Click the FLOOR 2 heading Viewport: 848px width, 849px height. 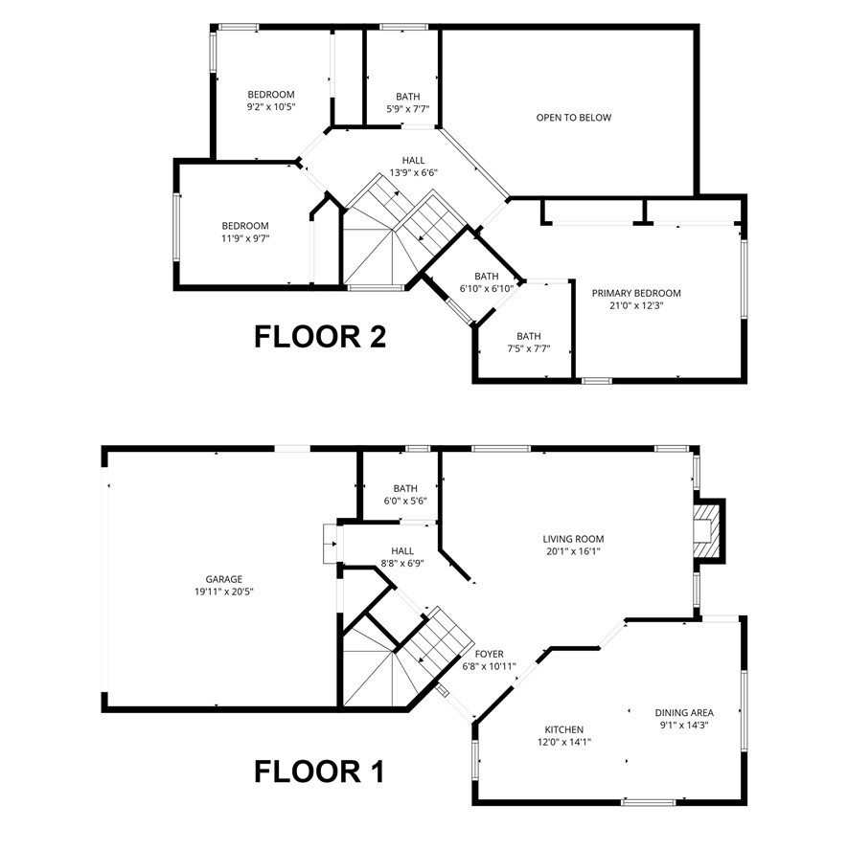[320, 336]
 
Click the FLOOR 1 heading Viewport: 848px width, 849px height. [319, 771]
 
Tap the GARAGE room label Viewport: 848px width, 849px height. [224, 579]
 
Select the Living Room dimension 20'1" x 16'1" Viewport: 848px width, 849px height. [573, 551]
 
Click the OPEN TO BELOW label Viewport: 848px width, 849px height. [574, 118]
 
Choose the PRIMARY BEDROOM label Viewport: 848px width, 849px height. [636, 293]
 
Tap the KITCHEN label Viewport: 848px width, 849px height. [563, 729]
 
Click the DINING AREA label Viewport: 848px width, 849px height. [684, 712]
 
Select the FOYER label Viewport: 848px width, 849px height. [489, 654]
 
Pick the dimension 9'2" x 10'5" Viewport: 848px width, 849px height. [271, 106]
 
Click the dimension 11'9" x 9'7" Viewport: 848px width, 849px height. [245, 238]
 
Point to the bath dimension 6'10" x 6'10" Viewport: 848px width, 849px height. [487, 289]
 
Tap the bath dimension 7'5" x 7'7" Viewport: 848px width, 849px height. [529, 348]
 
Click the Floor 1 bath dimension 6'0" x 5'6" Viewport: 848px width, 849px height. [405, 501]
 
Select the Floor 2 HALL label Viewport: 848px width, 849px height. [413, 160]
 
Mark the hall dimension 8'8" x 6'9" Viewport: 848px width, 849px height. [402, 563]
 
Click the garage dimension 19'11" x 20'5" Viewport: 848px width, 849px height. [224, 592]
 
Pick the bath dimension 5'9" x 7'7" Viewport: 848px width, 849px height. [408, 109]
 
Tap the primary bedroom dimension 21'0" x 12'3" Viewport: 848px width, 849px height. [636, 305]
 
